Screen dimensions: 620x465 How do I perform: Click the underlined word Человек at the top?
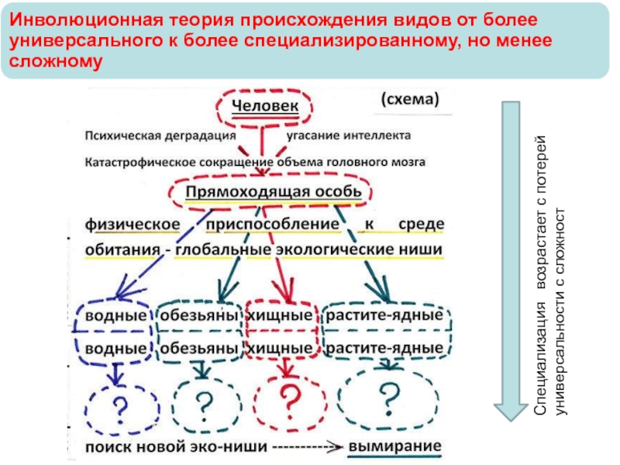coord(265,106)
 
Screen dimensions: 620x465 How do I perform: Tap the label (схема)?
coord(410,99)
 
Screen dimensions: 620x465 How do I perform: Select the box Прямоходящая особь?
coord(270,192)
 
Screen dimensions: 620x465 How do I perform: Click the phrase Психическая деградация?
coord(160,136)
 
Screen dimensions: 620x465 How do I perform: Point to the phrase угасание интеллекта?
coord(348,136)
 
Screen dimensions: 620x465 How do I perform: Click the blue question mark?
coord(120,410)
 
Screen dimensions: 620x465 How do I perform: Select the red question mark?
coord(290,402)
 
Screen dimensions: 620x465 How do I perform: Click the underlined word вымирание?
coord(394,446)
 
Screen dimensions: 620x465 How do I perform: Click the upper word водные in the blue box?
coord(115,316)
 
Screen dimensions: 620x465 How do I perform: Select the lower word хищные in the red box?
coord(280,348)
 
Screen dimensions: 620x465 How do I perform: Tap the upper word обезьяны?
coord(199,315)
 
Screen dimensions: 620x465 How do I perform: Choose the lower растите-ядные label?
coord(384,348)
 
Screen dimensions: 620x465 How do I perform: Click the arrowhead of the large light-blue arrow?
coord(511,412)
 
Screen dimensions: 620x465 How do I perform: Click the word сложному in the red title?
coord(56,61)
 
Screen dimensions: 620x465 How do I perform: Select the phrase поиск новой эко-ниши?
coord(177,447)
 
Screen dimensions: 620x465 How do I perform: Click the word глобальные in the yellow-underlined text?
coord(223,250)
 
